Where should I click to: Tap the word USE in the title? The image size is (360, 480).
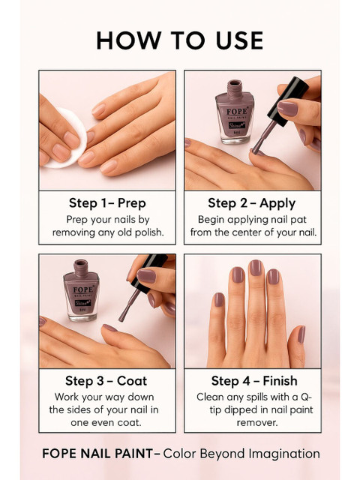pyautogui.click(x=240, y=40)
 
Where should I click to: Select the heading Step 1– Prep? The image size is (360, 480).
pyautogui.click(x=107, y=203)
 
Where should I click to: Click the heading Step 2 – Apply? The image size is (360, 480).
pyautogui.click(x=252, y=203)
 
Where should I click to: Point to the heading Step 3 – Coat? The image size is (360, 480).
pyautogui.click(x=106, y=381)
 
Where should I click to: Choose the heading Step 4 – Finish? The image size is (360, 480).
pyautogui.click(x=254, y=381)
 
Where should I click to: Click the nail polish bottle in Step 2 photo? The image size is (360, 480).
pyautogui.click(x=235, y=112)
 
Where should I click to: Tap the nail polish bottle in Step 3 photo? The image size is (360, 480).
pyautogui.click(x=81, y=290)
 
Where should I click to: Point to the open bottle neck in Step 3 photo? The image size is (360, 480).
pyautogui.click(x=81, y=267)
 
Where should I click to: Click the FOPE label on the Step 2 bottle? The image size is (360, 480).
pyautogui.click(x=237, y=111)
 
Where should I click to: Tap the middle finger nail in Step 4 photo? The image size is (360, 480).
pyautogui.click(x=255, y=268)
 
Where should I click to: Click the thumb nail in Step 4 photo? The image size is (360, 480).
pyautogui.click(x=301, y=334)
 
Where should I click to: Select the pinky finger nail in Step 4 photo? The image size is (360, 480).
pyautogui.click(x=219, y=300)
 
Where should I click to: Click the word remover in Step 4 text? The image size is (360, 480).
pyautogui.click(x=257, y=423)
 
